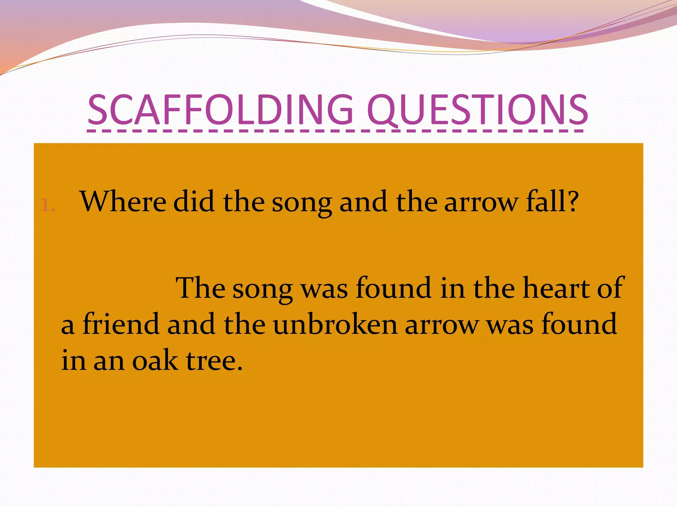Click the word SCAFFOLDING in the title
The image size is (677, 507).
[220, 110]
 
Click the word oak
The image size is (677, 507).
[155, 360]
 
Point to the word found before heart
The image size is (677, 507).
[393, 288]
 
